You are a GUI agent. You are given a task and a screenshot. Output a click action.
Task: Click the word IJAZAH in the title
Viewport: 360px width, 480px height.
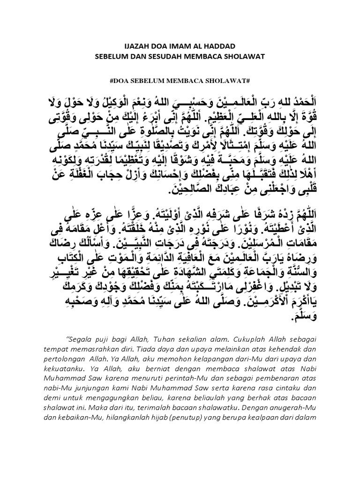point(135,47)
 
